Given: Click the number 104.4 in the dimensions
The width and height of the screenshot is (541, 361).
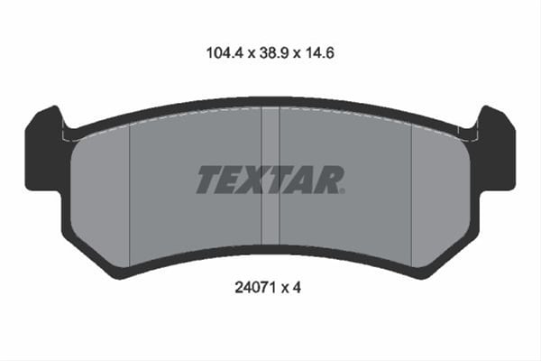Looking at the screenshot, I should pos(215,53).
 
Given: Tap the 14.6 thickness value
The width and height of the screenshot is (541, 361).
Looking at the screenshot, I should pos(321,53).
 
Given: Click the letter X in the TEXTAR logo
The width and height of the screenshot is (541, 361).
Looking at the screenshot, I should pos(261,180).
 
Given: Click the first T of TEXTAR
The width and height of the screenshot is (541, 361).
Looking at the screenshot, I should pos(210,180).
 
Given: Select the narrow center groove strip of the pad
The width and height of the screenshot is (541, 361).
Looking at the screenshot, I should pos(270,176).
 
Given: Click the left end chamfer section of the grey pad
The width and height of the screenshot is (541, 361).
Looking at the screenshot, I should pos(99,190).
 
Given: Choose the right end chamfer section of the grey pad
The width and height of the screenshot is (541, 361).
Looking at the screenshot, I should pos(440,190).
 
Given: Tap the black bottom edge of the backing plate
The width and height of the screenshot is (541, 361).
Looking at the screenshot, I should pos(270,249).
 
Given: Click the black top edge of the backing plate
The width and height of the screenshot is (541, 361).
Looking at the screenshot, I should pos(270,103).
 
